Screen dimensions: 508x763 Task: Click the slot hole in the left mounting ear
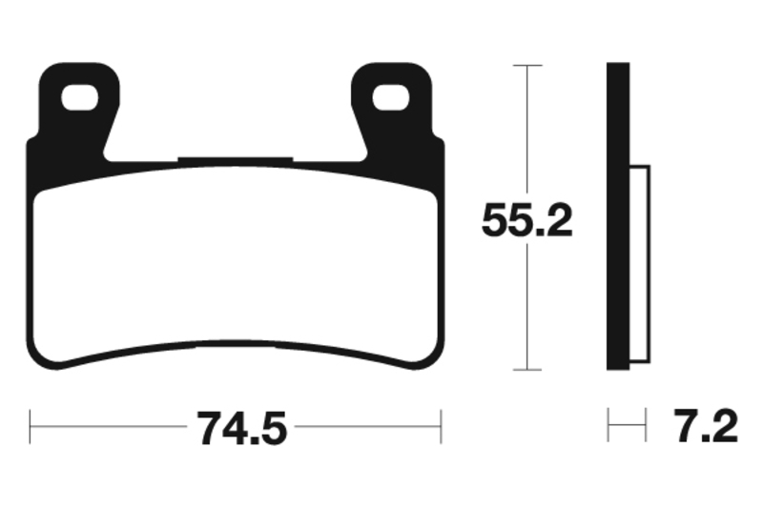pyautogui.click(x=80, y=95)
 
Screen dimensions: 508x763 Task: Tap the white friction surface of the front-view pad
pyautogui.click(x=237, y=267)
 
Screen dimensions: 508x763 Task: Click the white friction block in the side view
pyautogui.click(x=639, y=267)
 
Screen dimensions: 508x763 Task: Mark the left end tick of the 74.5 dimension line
pyautogui.click(x=31, y=426)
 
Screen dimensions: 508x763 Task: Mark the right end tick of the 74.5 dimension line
pyautogui.click(x=441, y=426)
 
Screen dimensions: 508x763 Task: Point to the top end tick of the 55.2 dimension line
pyautogui.click(x=527, y=65)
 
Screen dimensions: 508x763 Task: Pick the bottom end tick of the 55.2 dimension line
pyautogui.click(x=527, y=370)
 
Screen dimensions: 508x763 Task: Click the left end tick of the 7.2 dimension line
pyautogui.click(x=608, y=426)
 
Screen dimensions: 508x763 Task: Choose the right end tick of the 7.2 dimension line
pyautogui.click(x=647, y=426)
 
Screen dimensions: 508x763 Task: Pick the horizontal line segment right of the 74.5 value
pyautogui.click(x=367, y=426)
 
